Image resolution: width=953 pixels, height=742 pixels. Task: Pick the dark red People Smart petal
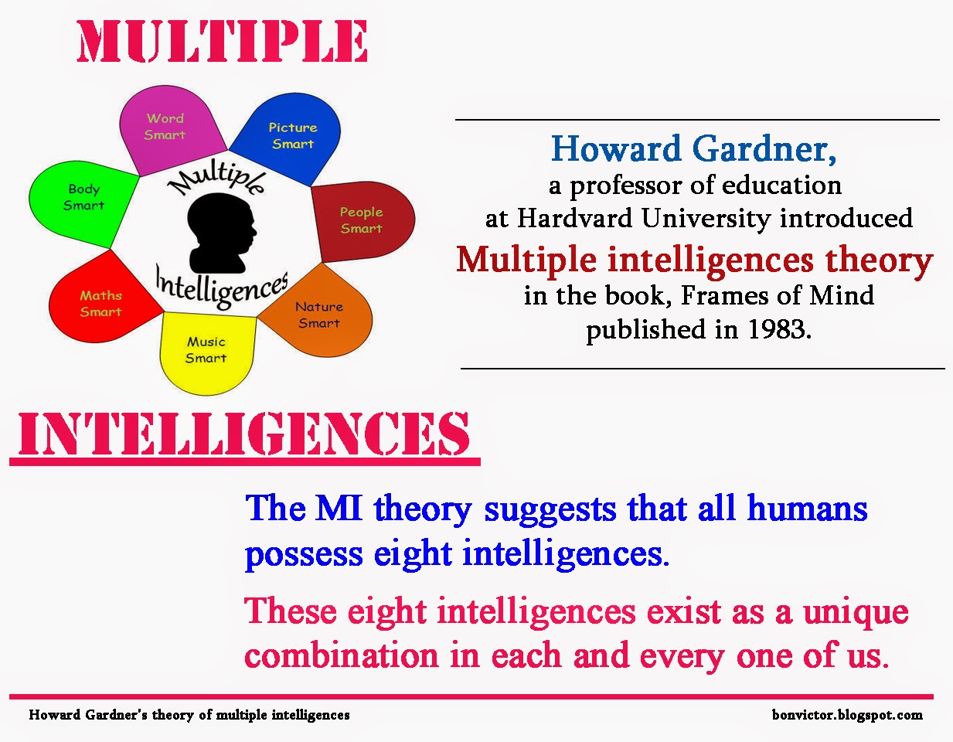362,220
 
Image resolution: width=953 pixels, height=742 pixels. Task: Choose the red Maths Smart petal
101,301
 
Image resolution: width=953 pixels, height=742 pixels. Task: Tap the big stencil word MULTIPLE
223,42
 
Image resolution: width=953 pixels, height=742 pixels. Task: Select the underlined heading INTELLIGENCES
243,434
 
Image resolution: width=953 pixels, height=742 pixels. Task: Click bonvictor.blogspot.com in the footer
847,715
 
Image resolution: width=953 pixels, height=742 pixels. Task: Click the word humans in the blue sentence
807,509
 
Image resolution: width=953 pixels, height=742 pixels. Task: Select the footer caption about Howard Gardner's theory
189,715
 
